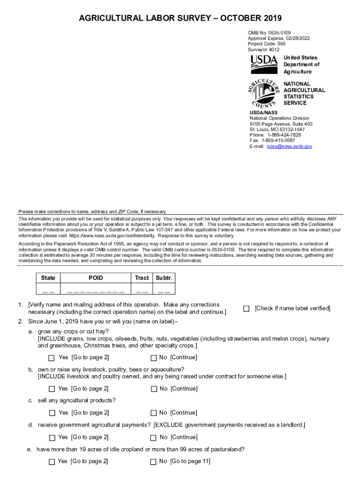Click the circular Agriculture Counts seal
pyautogui.click(x=264, y=93)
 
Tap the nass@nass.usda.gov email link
pyautogui.click(x=289, y=146)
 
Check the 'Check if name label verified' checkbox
pyautogui.click(x=246, y=309)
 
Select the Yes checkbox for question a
pyautogui.click(x=52, y=358)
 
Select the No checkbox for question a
pyautogui.click(x=153, y=358)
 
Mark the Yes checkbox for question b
pyautogui.click(x=52, y=389)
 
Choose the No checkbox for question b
pyautogui.click(x=153, y=389)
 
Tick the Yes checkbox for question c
pyautogui.click(x=52, y=413)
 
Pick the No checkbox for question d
pyautogui.click(x=153, y=438)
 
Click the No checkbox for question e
pyautogui.click(x=153, y=462)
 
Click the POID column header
pyautogui.click(x=96, y=278)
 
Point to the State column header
pyautogui.click(x=48, y=278)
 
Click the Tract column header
pyautogui.click(x=142, y=278)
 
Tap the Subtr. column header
pyautogui.click(x=164, y=278)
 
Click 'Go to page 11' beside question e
pyautogui.click(x=190, y=462)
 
